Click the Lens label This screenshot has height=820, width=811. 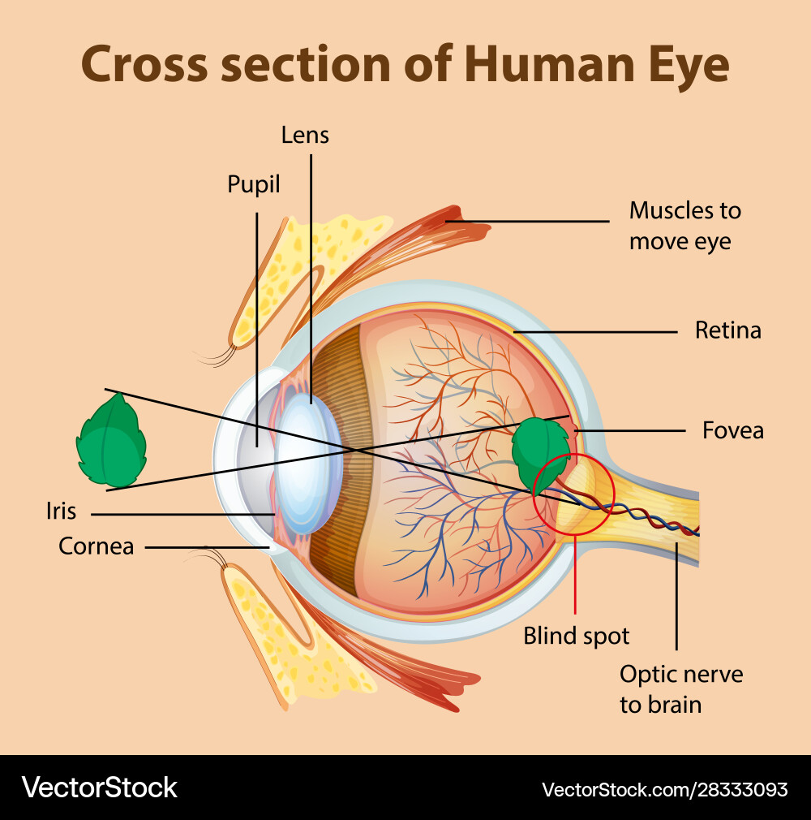305,135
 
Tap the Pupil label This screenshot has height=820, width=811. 253,185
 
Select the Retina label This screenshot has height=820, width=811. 727,330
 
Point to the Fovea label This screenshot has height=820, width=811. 732,429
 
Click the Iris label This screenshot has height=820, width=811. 61,511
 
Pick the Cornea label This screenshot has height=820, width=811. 96,546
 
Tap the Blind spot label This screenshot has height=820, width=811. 576,636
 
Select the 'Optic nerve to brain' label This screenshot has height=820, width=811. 680,688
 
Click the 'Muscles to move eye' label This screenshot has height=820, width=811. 684,226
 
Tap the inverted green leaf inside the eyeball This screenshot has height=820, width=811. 540,451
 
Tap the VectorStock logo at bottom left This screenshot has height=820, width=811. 99,787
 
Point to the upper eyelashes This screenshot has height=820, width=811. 217,354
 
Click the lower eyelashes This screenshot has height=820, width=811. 206,556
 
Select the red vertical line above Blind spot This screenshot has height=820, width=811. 575,576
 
